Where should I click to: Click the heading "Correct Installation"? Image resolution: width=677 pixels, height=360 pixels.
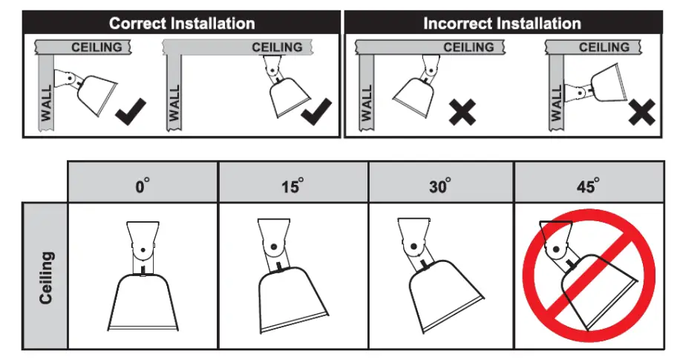pyautogui.click(x=181, y=22)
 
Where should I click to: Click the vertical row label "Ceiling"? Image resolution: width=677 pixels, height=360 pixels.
pyautogui.click(x=46, y=276)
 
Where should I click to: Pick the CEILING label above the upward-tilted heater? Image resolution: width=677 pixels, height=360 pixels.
pyautogui.click(x=604, y=48)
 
